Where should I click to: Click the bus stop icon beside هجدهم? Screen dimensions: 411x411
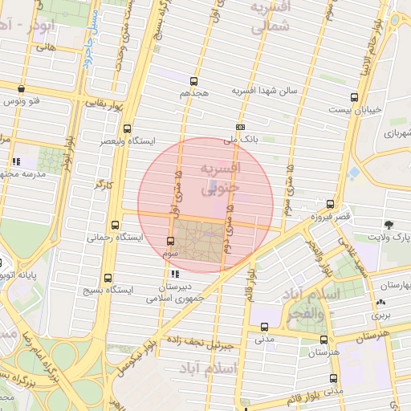(x=193, y=81)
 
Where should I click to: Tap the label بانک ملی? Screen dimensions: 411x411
(x=240, y=140)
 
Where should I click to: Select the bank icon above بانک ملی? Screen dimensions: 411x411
(x=240, y=127)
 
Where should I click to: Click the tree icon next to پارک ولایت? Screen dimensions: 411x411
(x=389, y=225)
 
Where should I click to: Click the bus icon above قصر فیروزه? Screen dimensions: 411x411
(x=330, y=204)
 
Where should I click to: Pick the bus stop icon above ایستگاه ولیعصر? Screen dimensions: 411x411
(x=128, y=128)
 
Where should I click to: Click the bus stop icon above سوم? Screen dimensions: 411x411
(x=169, y=241)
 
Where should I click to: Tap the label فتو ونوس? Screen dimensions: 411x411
(x=22, y=102)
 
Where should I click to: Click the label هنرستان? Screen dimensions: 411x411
(x=324, y=352)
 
